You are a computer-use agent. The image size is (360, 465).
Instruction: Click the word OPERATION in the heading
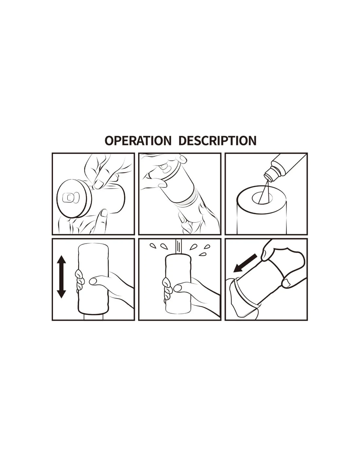138,141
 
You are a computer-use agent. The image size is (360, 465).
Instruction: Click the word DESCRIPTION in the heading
217,141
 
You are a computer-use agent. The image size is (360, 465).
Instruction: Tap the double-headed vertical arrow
62,276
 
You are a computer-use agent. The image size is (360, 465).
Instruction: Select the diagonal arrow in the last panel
245,263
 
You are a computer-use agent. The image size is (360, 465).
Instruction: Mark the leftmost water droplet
153,246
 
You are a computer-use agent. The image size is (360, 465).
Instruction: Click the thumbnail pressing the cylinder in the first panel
99,183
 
